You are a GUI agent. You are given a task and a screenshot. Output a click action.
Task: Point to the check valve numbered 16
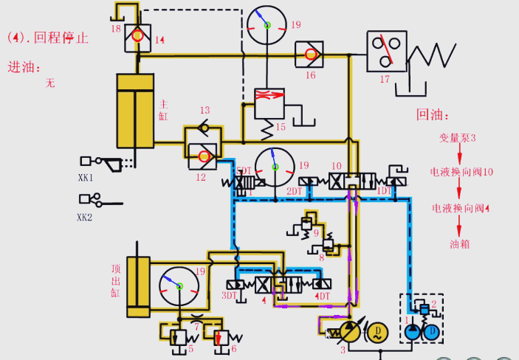coord(309,54)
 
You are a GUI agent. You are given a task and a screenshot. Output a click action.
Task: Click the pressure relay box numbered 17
coord(387,51)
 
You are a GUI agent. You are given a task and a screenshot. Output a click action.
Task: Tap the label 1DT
coord(384,191)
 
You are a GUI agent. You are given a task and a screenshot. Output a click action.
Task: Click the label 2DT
coord(295,191)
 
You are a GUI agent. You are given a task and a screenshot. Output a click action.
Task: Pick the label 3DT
coord(230,296)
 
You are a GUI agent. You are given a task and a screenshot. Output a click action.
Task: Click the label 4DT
coord(322,296)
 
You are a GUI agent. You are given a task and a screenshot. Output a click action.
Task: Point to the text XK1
coord(86,178)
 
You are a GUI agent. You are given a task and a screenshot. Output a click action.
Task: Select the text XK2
coord(86,217)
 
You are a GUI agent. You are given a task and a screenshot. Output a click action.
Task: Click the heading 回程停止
coord(63,38)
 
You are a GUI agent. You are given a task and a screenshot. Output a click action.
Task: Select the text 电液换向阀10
coord(461,172)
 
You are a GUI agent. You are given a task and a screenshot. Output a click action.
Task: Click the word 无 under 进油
coord(50,83)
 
